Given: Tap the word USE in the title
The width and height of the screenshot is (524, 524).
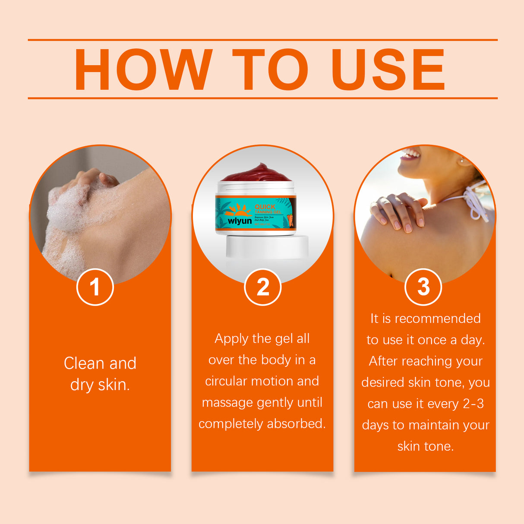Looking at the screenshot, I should (x=388, y=69).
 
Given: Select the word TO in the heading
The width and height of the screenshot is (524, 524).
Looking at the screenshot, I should (x=270, y=69).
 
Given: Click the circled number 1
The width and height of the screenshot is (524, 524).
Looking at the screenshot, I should (x=95, y=287).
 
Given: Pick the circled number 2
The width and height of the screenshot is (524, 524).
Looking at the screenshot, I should (x=262, y=287).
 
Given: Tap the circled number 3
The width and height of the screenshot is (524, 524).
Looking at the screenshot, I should (x=423, y=287).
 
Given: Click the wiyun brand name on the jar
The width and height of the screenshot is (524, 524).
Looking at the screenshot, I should (x=240, y=221).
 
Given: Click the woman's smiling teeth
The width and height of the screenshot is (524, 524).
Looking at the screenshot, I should (x=412, y=154).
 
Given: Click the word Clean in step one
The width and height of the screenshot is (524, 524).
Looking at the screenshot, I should (x=84, y=363).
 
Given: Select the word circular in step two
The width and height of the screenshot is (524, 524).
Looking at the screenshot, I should (x=226, y=381).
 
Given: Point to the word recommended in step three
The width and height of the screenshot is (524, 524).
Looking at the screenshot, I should (x=437, y=319).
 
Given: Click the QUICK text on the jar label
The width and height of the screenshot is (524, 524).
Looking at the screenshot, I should (x=265, y=207).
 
